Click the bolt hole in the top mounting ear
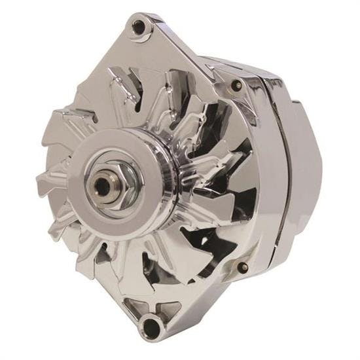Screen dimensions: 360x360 coord(139,26)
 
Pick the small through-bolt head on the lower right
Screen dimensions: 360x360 coord(243,267)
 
